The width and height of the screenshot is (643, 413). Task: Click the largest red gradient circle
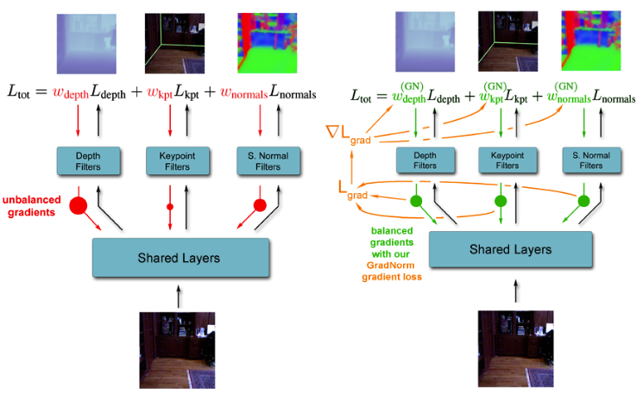click(79, 206)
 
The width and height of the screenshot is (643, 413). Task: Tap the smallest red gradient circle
click(170, 207)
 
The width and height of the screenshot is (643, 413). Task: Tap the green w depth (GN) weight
click(409, 94)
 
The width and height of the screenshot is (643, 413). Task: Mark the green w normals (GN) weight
click(567, 94)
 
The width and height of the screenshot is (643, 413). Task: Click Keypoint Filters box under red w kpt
click(178, 160)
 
